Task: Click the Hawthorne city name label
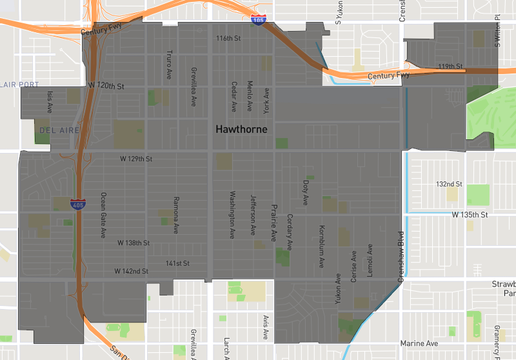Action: tap(241, 130)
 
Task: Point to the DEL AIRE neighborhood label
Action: tap(59, 130)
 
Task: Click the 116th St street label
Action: tap(228, 39)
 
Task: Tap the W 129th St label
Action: tap(136, 159)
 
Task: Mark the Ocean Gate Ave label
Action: tap(103, 215)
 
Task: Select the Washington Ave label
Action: tap(233, 215)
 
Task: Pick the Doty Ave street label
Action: tap(306, 187)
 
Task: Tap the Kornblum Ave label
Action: tap(321, 246)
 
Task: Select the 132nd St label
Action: tap(449, 184)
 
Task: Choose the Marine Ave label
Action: tap(419, 344)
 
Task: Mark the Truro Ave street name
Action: tap(170, 63)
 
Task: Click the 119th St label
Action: tap(451, 66)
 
